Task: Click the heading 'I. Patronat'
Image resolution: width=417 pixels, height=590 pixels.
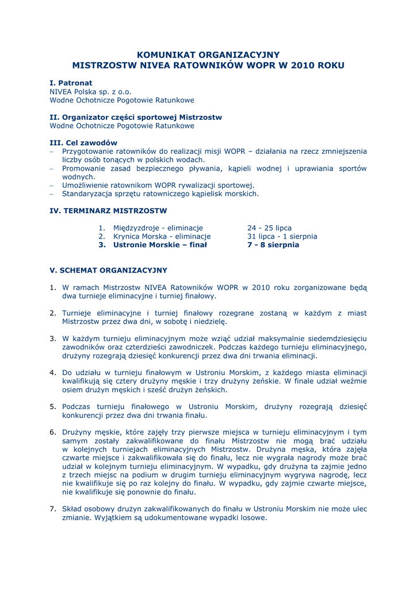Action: coord(71,83)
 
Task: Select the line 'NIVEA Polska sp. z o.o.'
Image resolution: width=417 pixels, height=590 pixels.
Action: coord(90,92)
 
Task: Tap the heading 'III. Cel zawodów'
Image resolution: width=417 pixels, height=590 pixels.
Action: coord(83,143)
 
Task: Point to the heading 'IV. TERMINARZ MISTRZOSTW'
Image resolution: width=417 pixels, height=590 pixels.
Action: coord(108,211)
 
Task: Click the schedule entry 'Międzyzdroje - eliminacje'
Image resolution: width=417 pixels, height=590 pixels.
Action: coord(158,228)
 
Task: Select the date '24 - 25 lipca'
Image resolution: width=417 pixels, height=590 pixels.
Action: coord(269,228)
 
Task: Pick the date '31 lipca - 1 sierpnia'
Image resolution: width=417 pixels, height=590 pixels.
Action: coord(282,236)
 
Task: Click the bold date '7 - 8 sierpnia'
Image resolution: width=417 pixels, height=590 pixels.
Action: coord(273,245)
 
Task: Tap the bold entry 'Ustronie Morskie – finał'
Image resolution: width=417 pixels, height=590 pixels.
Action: coord(152,245)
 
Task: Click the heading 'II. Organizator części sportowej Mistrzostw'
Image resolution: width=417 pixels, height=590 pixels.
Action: coord(136,117)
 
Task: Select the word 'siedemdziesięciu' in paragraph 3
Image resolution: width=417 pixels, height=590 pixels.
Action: coord(337,339)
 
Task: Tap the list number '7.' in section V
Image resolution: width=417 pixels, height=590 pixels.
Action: coord(52,509)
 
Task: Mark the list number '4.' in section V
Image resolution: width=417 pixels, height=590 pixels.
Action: coord(52,373)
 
